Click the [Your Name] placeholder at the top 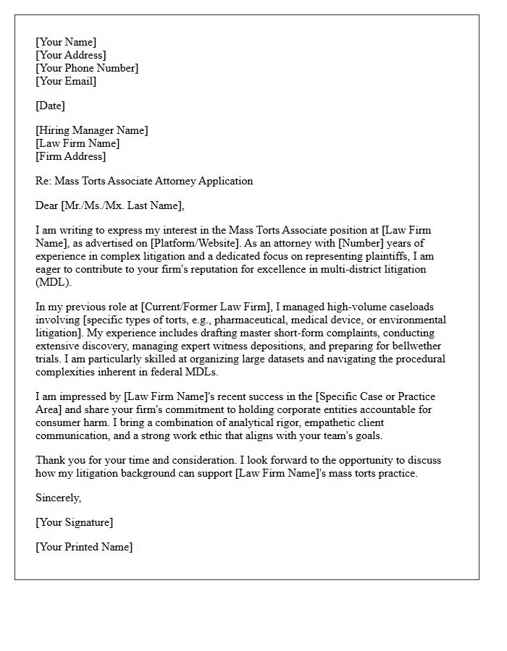[66, 42]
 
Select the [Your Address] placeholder [71, 55]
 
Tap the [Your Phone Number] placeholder [87, 68]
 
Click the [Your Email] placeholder [66, 81]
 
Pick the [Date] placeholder [50, 106]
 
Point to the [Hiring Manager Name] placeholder [92, 130]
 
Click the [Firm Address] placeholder [70, 156]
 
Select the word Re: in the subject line [43, 181]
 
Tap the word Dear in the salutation [47, 205]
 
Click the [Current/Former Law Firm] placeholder [191, 307]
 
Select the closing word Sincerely [59, 498]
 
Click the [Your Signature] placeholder [75, 522]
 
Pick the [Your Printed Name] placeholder [84, 547]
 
